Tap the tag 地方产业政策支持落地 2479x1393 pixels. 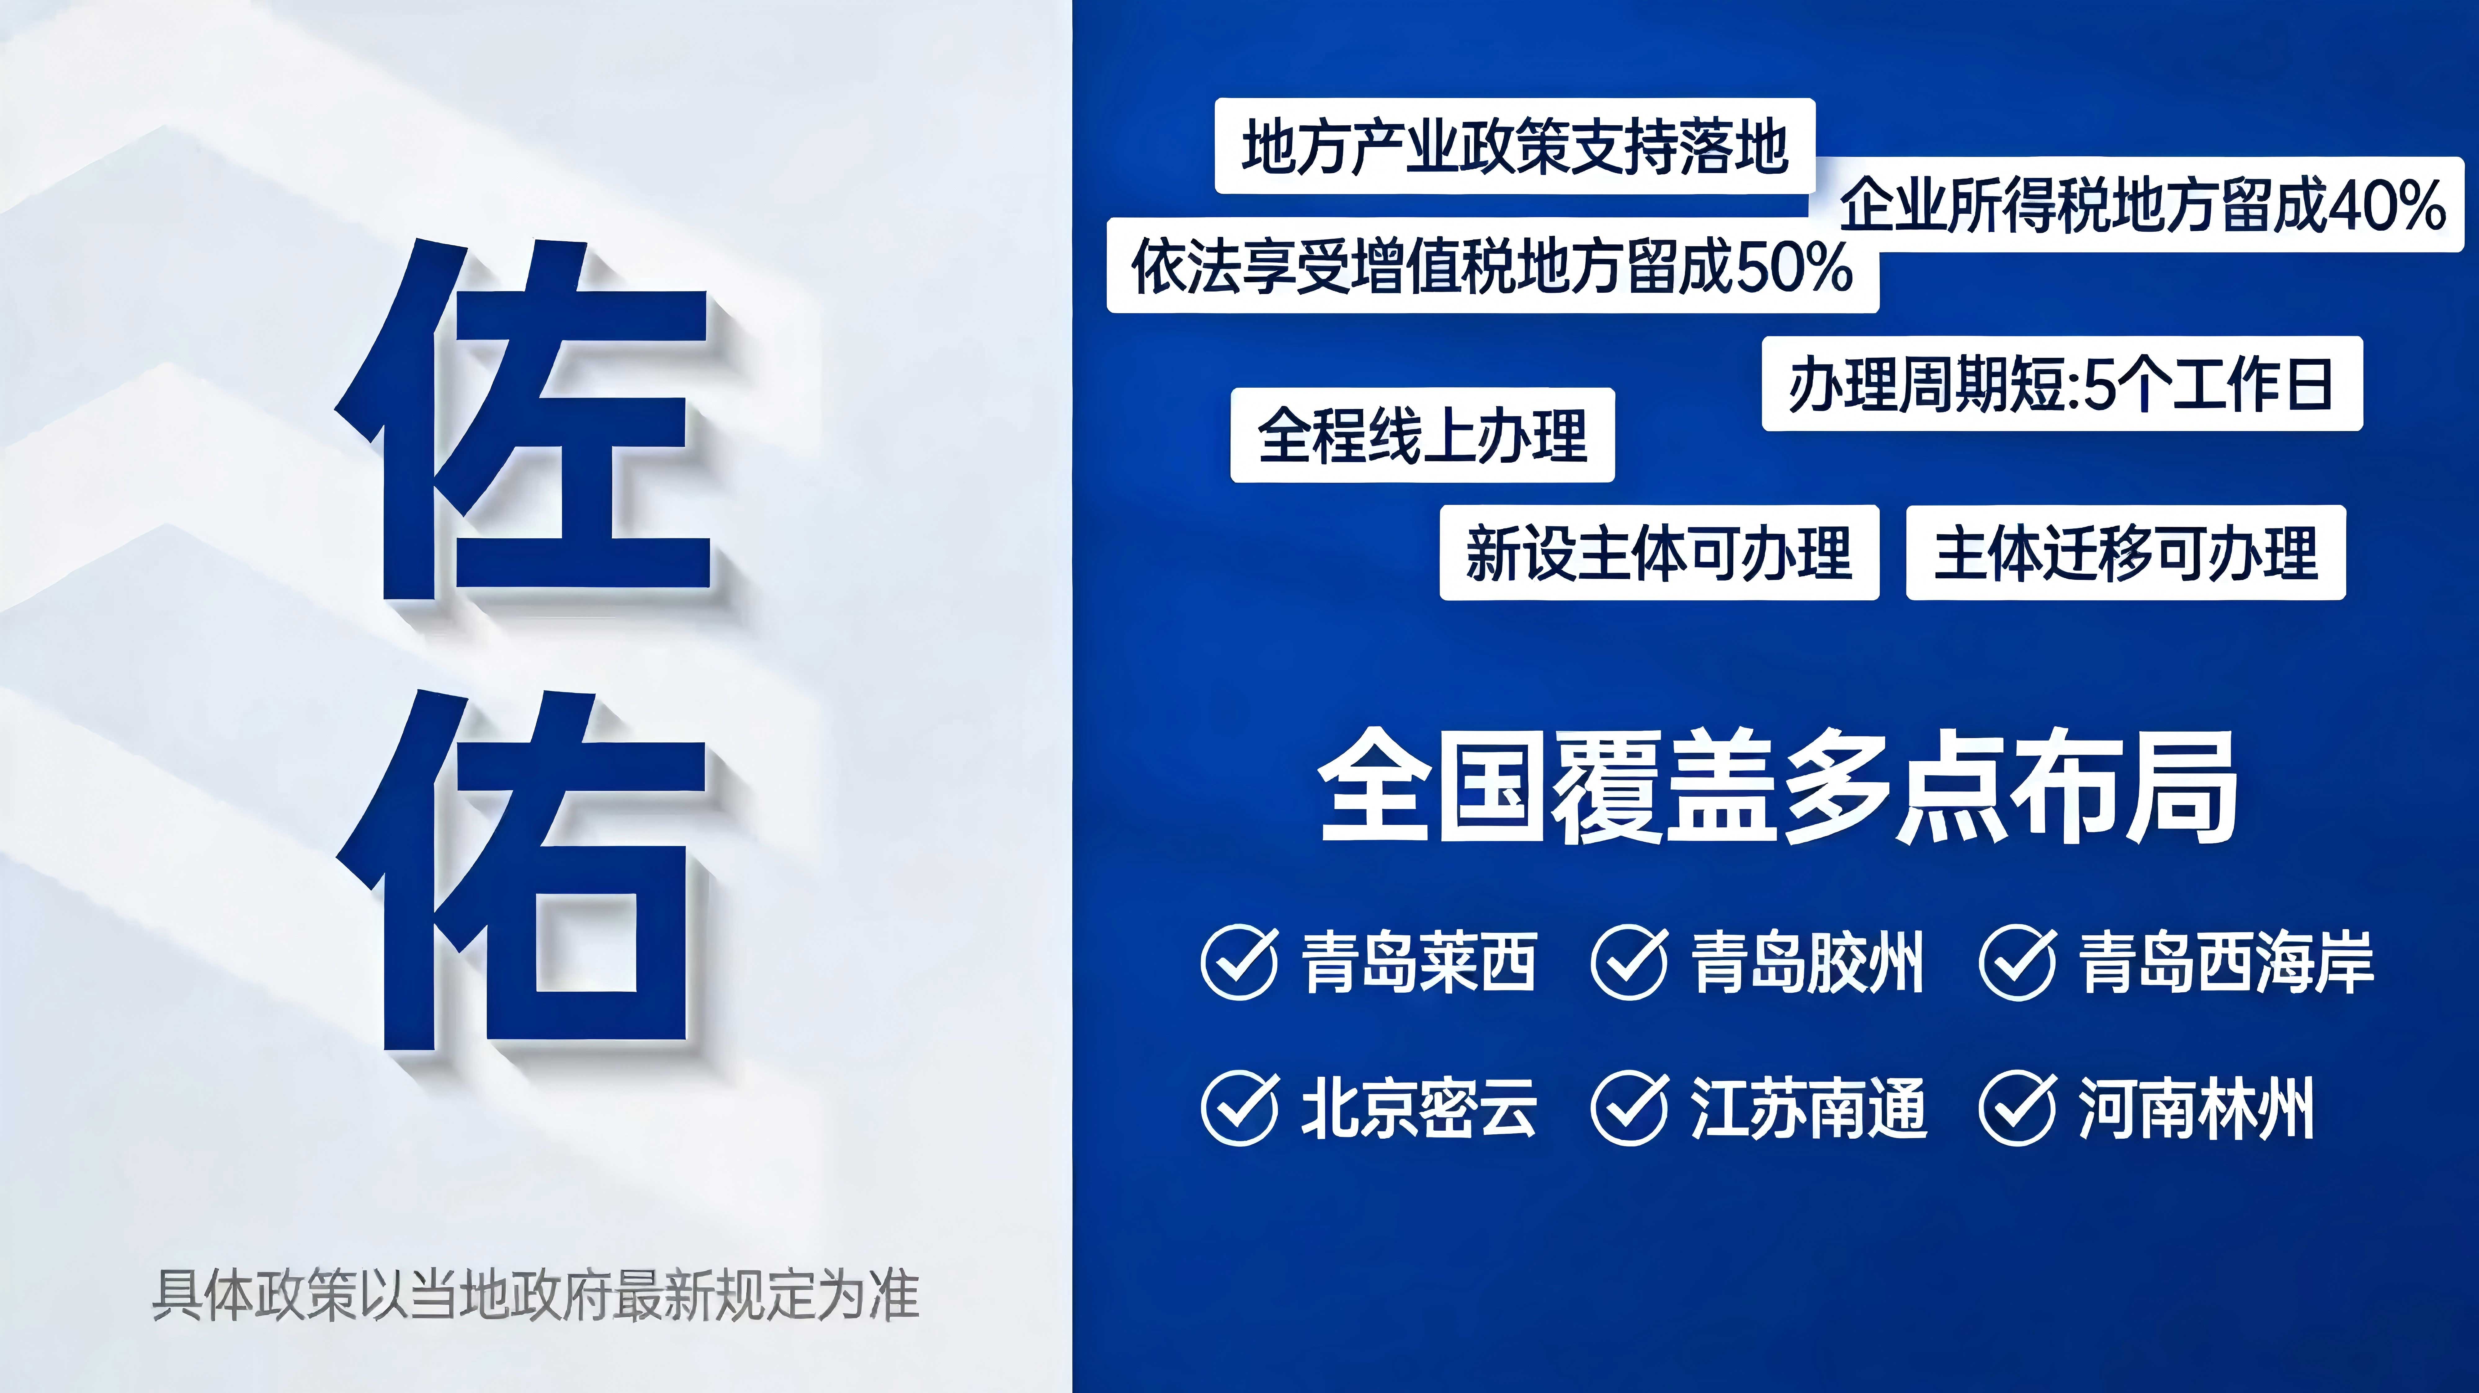(1515, 146)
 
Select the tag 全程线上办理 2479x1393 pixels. (1422, 435)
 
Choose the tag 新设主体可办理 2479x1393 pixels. (1659, 553)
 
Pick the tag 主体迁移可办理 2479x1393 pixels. (2126, 553)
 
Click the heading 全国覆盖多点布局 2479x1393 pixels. (1777, 787)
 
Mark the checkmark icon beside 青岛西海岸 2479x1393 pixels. (2018, 962)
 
